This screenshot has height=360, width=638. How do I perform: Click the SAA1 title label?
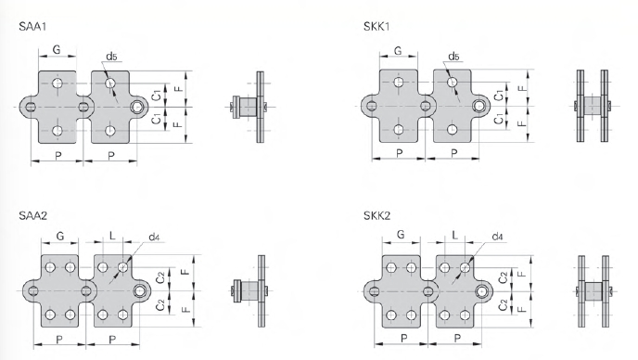coord(32,27)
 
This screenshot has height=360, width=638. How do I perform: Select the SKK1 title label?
coord(376,27)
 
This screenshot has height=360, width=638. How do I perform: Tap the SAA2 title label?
coord(33,215)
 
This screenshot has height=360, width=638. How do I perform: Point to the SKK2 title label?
coord(377,215)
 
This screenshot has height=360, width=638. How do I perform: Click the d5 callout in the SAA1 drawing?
coord(111,57)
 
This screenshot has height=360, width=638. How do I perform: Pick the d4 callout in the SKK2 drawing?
coord(497,237)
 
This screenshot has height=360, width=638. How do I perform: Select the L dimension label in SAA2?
coord(112,236)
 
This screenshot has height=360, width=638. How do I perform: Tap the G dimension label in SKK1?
coord(398,50)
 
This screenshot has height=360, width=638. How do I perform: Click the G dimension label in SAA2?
coord(59,236)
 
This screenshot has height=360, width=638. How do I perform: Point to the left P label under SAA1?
coord(58,156)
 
